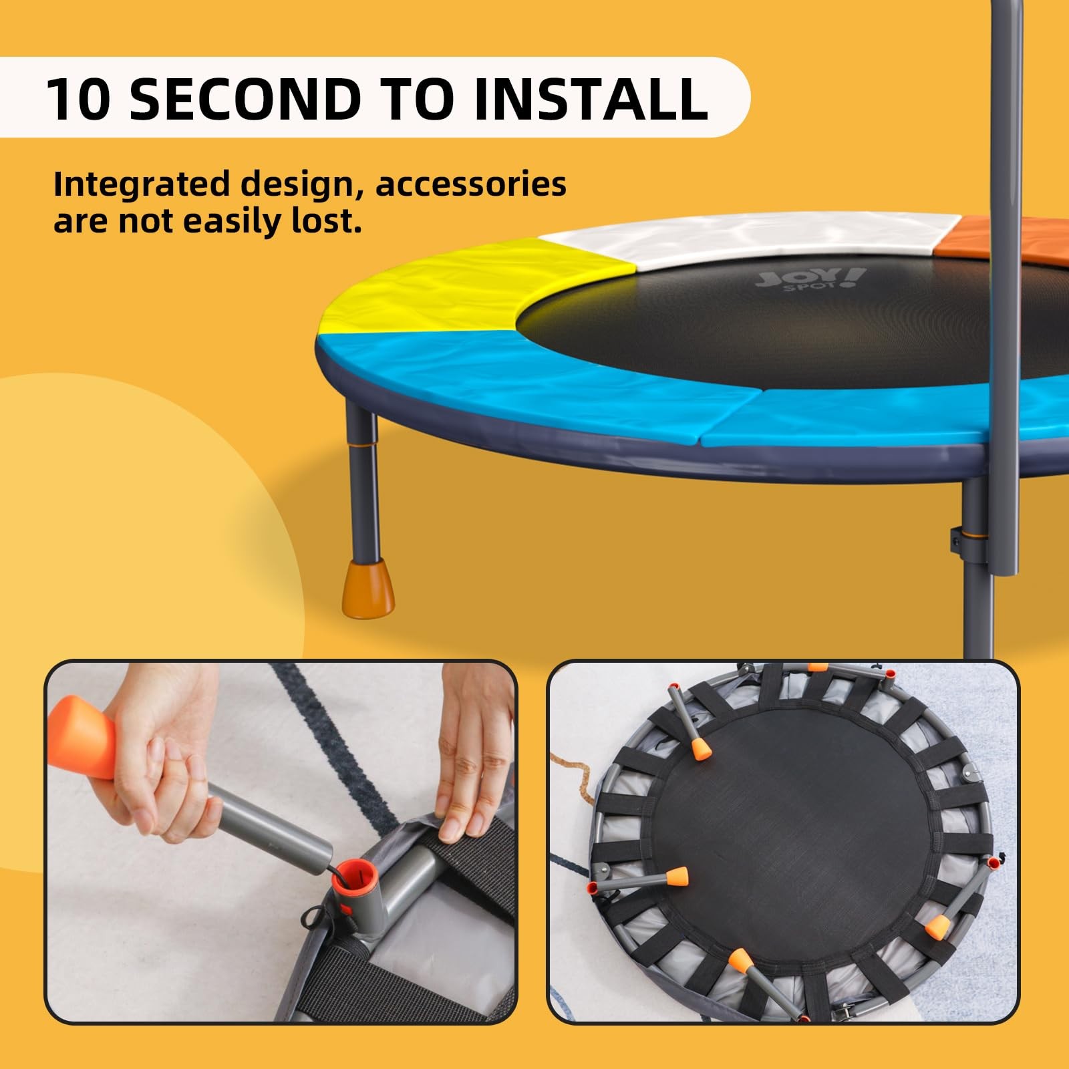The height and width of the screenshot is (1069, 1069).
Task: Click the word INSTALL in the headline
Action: click(590, 99)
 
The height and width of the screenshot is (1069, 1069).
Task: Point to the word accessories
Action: click(471, 184)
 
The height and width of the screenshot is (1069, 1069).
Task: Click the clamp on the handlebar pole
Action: click(957, 539)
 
